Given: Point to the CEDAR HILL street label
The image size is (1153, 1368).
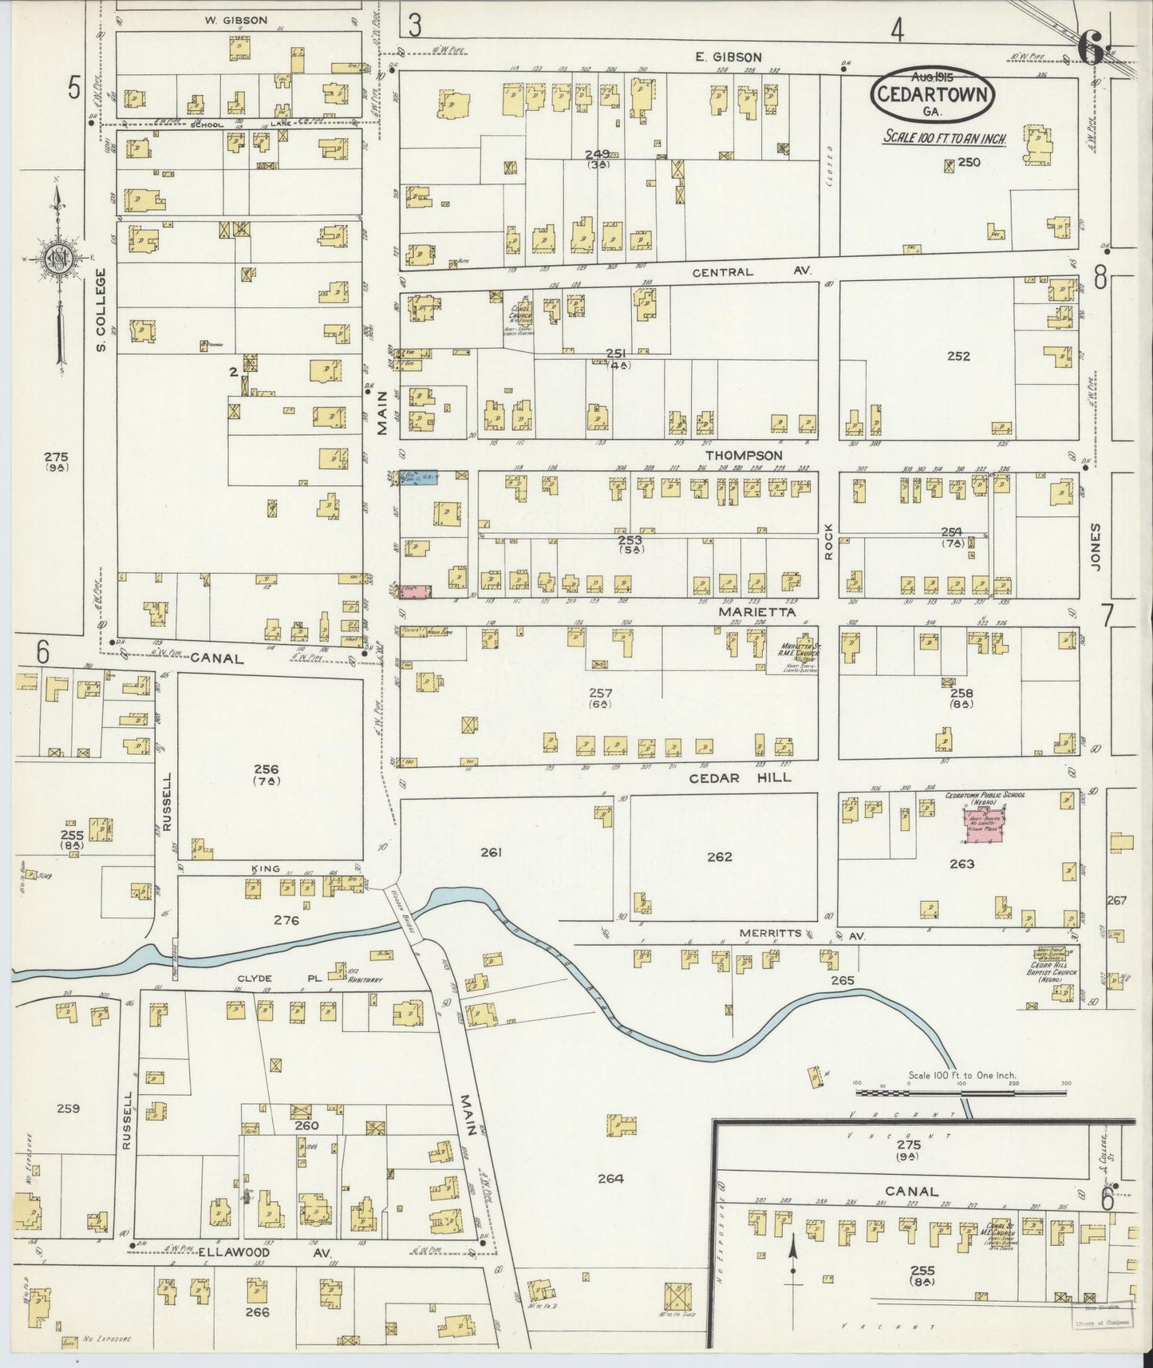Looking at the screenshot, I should pos(740,777).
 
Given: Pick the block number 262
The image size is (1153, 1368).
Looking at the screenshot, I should pos(719,857).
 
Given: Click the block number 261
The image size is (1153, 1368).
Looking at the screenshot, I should pos(491,853).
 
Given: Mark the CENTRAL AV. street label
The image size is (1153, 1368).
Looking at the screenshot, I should pos(752,272).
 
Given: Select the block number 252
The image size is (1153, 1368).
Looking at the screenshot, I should pos(958,356).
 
